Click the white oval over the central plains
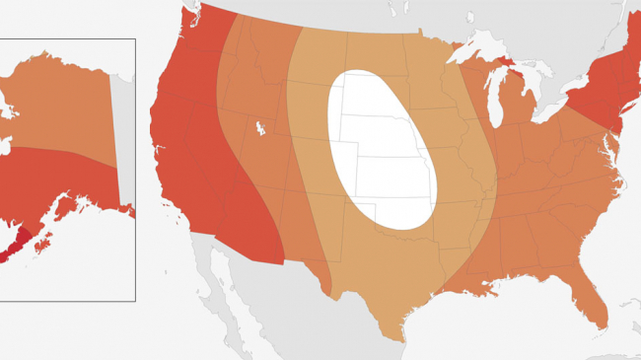pos(380,148)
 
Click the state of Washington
pos(192,35)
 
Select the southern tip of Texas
pos(399,335)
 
